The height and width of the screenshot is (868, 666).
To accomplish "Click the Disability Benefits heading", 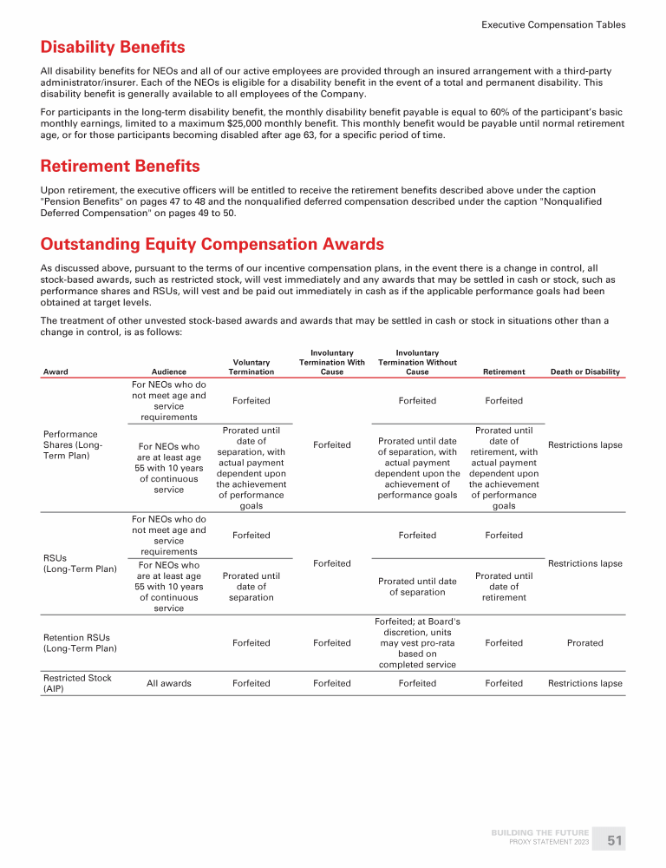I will click(x=113, y=47).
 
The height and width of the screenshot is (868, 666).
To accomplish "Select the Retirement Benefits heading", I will click(x=121, y=166).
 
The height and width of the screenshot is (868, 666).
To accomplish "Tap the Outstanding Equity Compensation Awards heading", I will click(x=212, y=245).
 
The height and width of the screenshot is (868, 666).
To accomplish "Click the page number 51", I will click(x=615, y=840).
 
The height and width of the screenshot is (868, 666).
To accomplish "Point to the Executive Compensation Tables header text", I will click(x=553, y=25).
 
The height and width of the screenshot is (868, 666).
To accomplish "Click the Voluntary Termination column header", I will click(x=251, y=367).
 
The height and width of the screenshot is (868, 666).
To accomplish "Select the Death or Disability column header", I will click(x=585, y=372).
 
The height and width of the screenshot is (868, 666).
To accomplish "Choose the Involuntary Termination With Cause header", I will click(x=331, y=363).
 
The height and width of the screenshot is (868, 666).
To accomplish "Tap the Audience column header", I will click(x=168, y=372).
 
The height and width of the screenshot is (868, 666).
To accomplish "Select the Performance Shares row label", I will click(x=71, y=445).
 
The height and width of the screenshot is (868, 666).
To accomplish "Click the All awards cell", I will click(x=168, y=683).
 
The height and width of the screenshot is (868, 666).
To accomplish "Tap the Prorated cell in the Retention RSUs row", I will click(x=585, y=643).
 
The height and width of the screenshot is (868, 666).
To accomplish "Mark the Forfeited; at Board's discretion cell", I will click(x=417, y=643).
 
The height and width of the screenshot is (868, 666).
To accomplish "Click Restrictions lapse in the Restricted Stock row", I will click(x=585, y=683).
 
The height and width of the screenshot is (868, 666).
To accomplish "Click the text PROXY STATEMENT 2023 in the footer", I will click(x=551, y=843).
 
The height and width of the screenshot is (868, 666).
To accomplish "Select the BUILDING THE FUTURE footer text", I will click(x=540, y=833).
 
